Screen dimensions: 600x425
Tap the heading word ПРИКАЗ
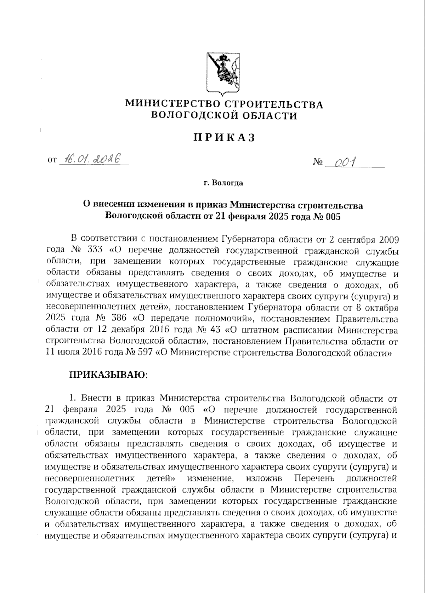pos(224,138)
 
